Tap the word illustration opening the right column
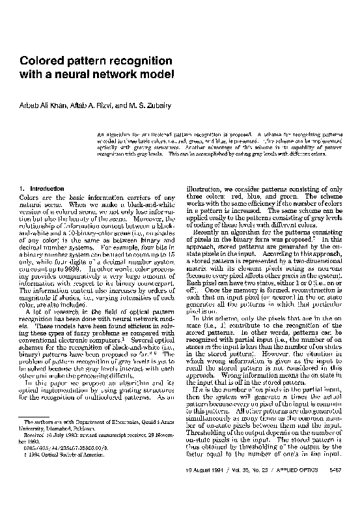coord(205,189)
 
